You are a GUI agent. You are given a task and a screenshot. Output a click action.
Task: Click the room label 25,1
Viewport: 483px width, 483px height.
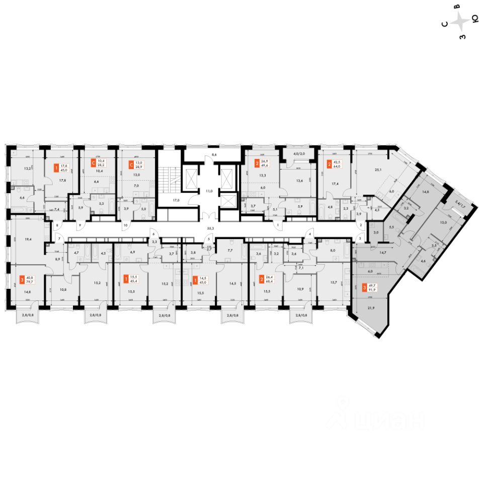[371, 170]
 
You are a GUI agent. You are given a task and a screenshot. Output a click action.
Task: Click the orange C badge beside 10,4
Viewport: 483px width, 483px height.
[93, 163]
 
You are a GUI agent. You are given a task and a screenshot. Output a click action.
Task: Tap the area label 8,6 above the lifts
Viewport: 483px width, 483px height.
[213, 155]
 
